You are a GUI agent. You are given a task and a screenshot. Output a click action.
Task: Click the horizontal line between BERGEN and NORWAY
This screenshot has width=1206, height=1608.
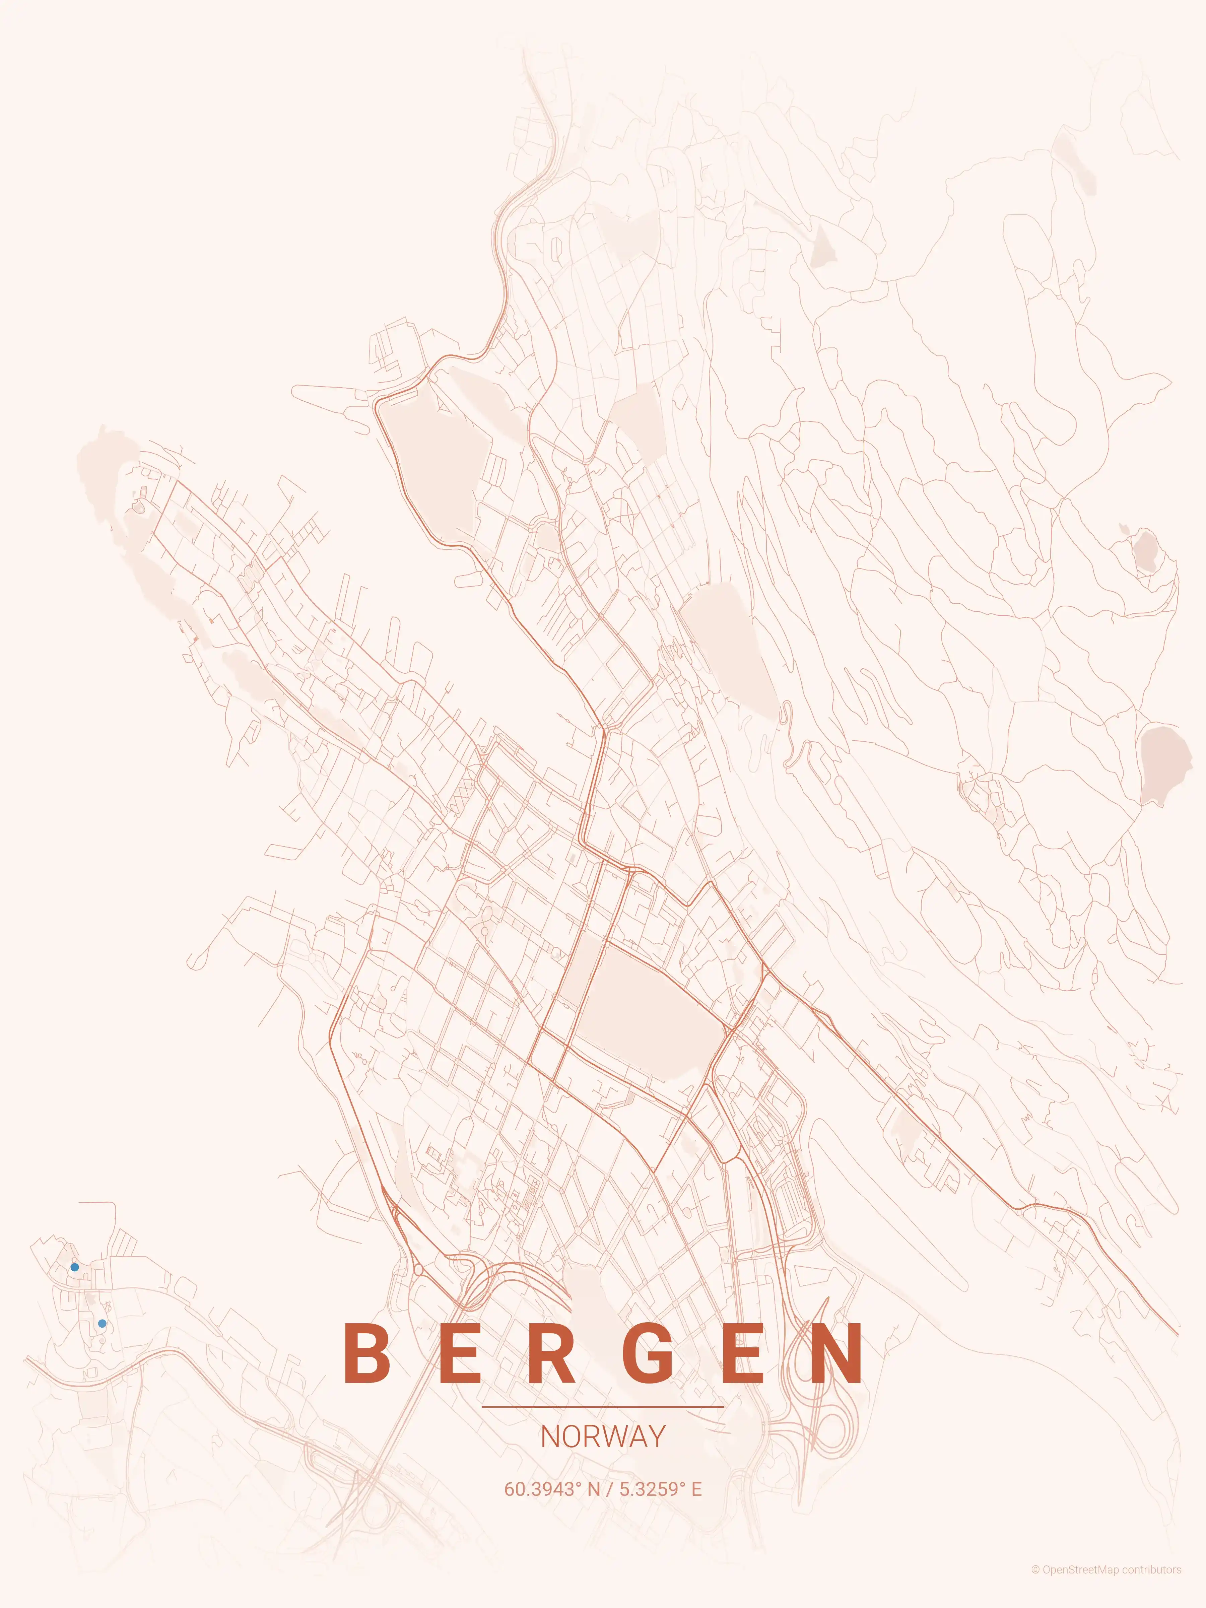[603, 1407]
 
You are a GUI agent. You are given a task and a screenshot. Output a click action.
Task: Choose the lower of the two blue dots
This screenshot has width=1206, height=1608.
[102, 1323]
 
